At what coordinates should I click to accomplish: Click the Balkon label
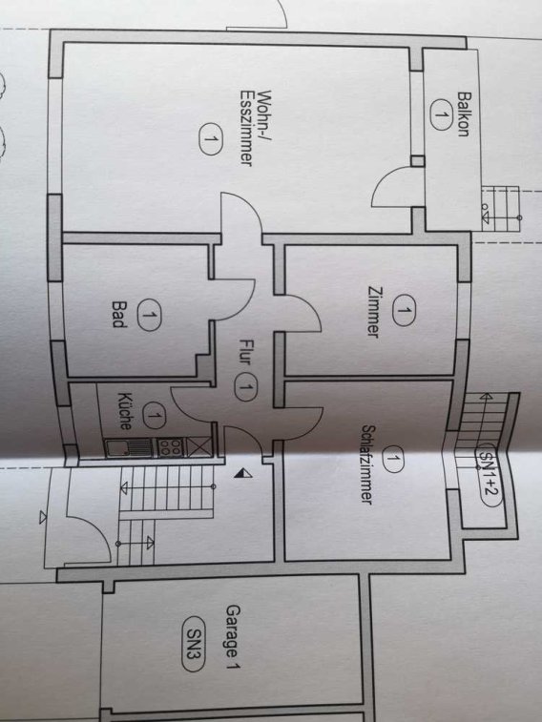[x=463, y=114]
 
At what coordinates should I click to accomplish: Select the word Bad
[x=119, y=314]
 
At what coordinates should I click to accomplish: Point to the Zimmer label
[x=373, y=312]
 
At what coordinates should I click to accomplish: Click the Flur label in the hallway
[x=245, y=352]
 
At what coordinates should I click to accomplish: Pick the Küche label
[x=125, y=411]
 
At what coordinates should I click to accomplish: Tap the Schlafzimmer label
[x=367, y=464]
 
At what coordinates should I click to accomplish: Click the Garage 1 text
[x=233, y=637]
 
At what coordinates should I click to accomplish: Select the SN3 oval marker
[x=193, y=644]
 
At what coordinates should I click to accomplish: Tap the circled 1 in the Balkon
[x=441, y=114]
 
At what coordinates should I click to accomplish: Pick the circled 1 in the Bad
[x=149, y=315]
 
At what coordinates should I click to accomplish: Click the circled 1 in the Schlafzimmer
[x=392, y=459]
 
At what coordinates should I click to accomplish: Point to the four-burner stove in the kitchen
[x=171, y=446]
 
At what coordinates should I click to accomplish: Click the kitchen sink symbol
[x=130, y=447]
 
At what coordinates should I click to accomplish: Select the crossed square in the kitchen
[x=199, y=446]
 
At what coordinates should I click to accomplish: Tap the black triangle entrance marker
[x=242, y=473]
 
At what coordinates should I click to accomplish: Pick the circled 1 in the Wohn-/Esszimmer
[x=211, y=138]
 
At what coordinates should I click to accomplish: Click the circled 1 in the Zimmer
[x=404, y=310]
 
